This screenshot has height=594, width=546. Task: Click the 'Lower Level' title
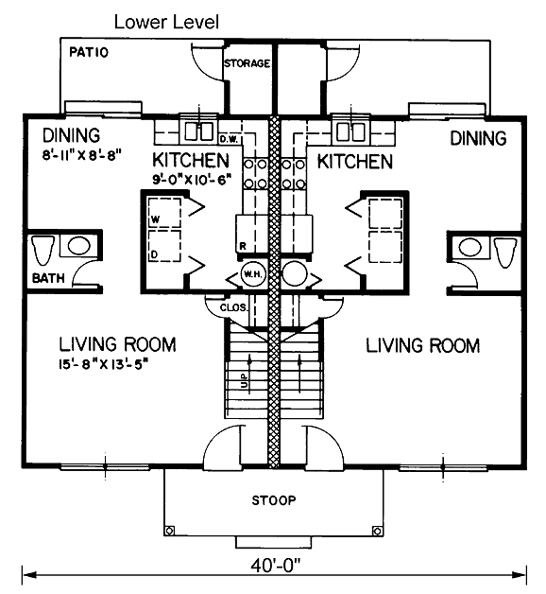pyautogui.click(x=166, y=22)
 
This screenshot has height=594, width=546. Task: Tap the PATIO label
pyautogui.click(x=89, y=52)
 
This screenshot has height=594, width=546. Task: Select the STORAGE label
pyautogui.click(x=247, y=62)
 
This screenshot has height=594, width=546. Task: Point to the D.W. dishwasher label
pyautogui.click(x=229, y=140)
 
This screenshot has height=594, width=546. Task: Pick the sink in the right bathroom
pyautogui.click(x=469, y=248)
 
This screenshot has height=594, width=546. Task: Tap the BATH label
pyautogui.click(x=48, y=278)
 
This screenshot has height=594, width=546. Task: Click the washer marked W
pyautogui.click(x=164, y=213)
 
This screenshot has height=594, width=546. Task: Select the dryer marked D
pyautogui.click(x=164, y=246)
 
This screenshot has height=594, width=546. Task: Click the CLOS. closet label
pyautogui.click(x=233, y=307)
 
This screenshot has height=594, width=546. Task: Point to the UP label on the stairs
pyautogui.click(x=244, y=380)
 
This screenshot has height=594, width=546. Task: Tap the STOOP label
pyautogui.click(x=274, y=500)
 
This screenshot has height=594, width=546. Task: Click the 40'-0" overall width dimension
pyautogui.click(x=275, y=568)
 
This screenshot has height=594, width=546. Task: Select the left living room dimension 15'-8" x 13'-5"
pyautogui.click(x=103, y=364)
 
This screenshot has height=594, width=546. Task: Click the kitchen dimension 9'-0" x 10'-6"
pyautogui.click(x=192, y=179)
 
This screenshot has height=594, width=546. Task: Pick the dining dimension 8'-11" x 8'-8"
pyautogui.click(x=81, y=155)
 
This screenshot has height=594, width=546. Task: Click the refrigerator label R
pyautogui.click(x=243, y=246)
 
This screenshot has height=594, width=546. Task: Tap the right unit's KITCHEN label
pyautogui.click(x=355, y=162)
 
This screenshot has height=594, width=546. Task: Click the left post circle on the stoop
pyautogui.click(x=169, y=531)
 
